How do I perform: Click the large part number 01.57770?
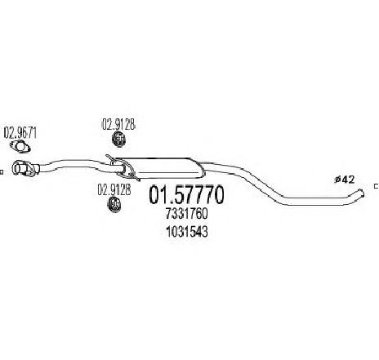tap(186, 195)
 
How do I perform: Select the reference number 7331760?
tap(186, 214)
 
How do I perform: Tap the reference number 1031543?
tap(187, 232)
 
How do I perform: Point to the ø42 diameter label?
tap(345, 180)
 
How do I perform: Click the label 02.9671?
tap(20, 133)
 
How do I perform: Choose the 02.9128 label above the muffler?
tap(118, 125)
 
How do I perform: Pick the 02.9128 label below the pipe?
tap(114, 189)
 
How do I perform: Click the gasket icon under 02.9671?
tap(20, 147)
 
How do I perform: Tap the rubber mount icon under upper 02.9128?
tap(119, 139)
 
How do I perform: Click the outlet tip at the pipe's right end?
tap(361, 193)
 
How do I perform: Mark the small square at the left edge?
tap(1, 172)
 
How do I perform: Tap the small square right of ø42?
tap(377, 186)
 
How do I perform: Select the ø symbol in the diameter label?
tap(337, 180)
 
